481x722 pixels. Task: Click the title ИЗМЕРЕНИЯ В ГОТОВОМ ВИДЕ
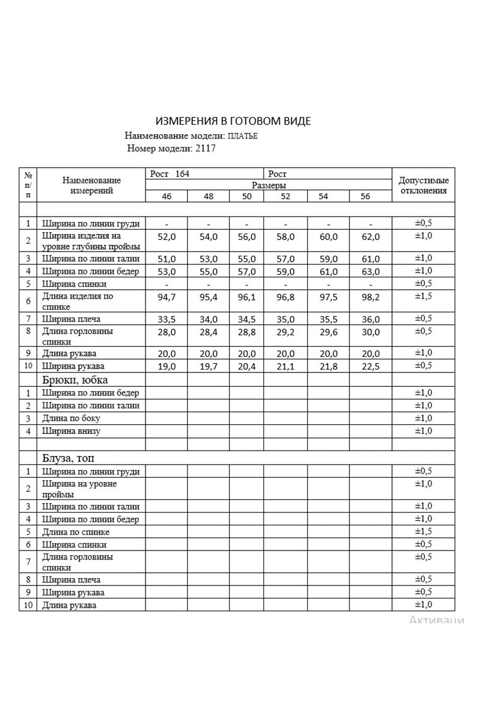pos(233,122)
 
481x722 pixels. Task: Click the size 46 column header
pos(167,197)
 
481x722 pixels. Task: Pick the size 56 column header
pos(366,197)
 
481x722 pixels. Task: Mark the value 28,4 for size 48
pos(208,332)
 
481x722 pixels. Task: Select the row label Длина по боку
pos(72,418)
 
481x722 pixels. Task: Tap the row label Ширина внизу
pos(72,431)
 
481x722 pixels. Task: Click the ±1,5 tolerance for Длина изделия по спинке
pos(423,296)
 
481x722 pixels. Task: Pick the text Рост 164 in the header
pos(170,174)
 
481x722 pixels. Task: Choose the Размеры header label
pos(269,185)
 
